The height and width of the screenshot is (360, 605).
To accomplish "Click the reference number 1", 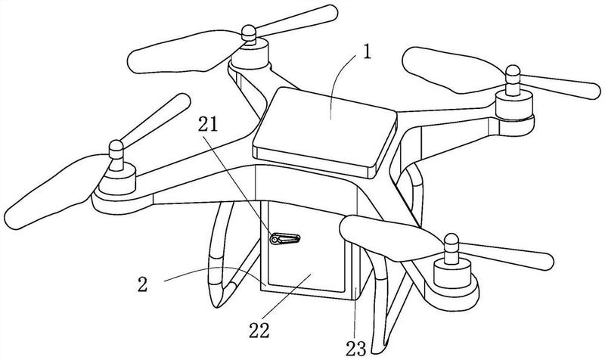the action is [367, 51].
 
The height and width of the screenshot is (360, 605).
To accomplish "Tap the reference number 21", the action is [208, 124].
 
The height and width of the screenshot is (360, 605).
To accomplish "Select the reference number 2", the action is [143, 284].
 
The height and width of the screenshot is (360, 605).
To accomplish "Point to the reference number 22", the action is [259, 330].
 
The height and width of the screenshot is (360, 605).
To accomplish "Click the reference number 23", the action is [355, 349].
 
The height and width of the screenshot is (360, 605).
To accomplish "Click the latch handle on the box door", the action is [285, 239].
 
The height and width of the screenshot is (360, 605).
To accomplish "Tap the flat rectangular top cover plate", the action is [325, 132].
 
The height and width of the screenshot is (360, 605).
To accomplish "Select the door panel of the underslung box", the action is [302, 247].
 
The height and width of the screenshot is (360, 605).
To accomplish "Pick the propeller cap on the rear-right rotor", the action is [513, 75].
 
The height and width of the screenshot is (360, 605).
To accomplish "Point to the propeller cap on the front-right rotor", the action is [451, 244].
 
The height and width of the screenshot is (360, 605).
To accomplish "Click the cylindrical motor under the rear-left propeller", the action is [250, 54].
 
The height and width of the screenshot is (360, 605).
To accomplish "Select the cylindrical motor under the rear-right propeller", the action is [514, 105].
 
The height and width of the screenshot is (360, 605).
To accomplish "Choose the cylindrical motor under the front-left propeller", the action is [117, 180].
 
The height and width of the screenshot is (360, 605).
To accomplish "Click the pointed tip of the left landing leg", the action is [219, 307].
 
